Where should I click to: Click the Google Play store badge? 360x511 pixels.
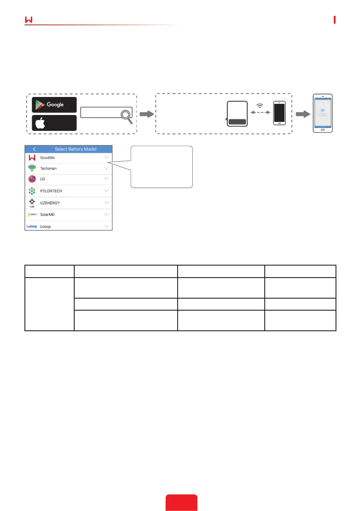[x=54, y=105]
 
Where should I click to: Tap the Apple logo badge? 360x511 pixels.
[x=54, y=123]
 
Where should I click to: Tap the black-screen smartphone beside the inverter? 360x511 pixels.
[x=279, y=113]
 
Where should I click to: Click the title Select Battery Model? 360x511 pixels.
[x=76, y=149]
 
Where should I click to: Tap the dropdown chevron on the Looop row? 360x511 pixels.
[x=106, y=226]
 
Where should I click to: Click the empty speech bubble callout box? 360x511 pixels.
[x=161, y=166]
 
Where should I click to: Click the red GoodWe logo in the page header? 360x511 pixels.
[x=29, y=20]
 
